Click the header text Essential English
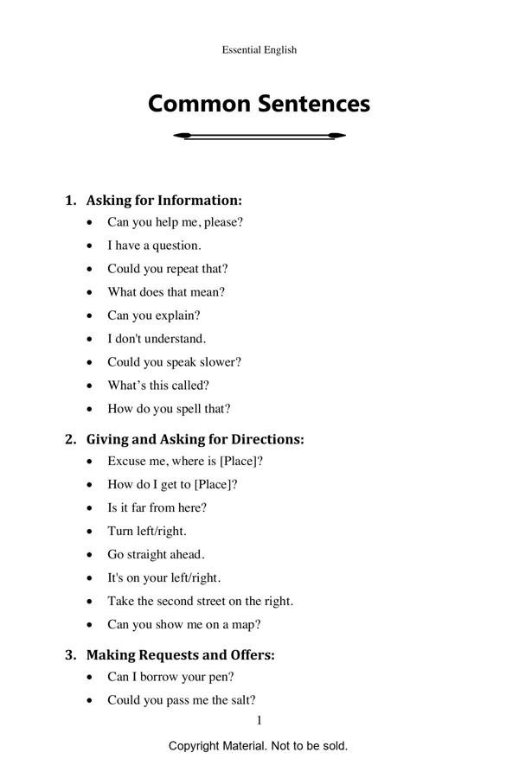(x=259, y=50)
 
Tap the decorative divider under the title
(x=259, y=136)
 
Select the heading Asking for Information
(x=163, y=201)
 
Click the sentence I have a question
(x=154, y=246)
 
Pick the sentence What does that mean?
(x=166, y=292)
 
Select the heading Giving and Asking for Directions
(x=195, y=439)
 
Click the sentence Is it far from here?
(x=157, y=507)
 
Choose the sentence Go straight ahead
(x=156, y=554)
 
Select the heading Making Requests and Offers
(x=180, y=655)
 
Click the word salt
(x=240, y=700)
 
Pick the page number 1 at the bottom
(x=259, y=721)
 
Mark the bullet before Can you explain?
(x=92, y=316)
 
